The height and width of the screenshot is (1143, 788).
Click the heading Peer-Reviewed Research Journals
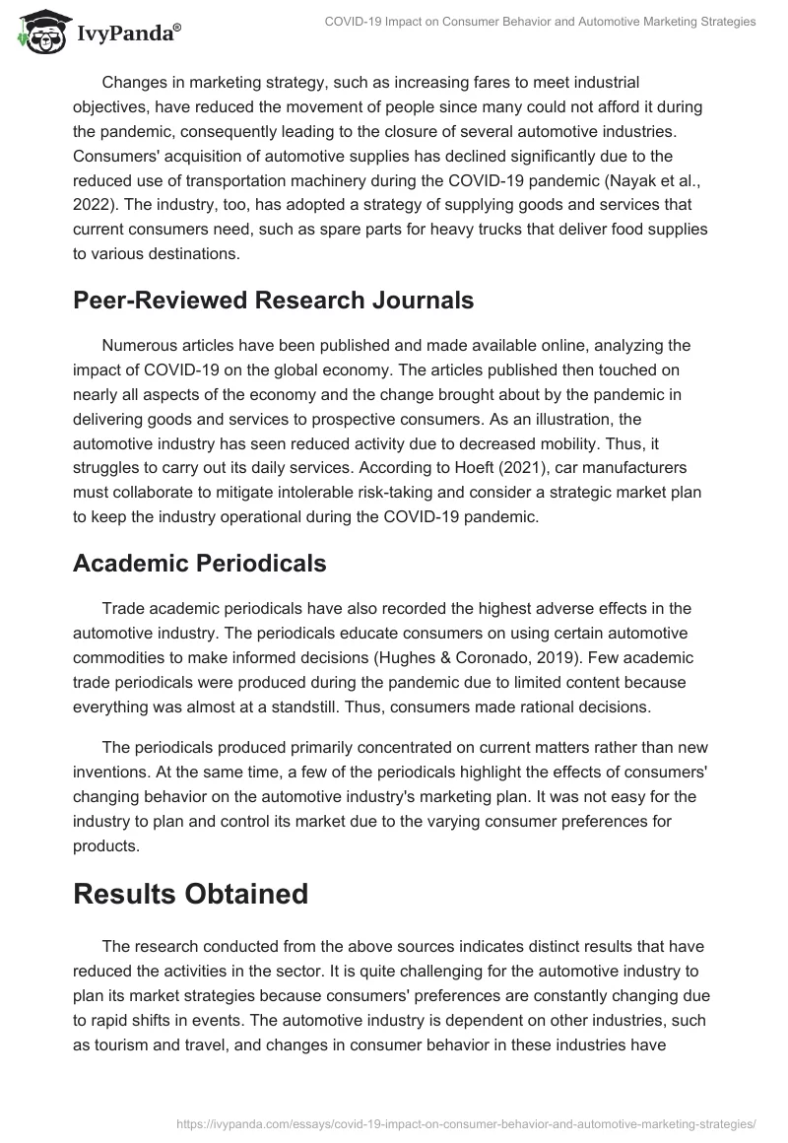pos(273,301)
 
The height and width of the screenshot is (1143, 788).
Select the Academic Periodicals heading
pos(200,563)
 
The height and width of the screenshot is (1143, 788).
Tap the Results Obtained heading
pos(190,894)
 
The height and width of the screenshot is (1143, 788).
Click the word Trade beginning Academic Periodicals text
pos(122,608)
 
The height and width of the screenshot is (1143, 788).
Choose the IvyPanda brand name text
pos(127,34)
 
